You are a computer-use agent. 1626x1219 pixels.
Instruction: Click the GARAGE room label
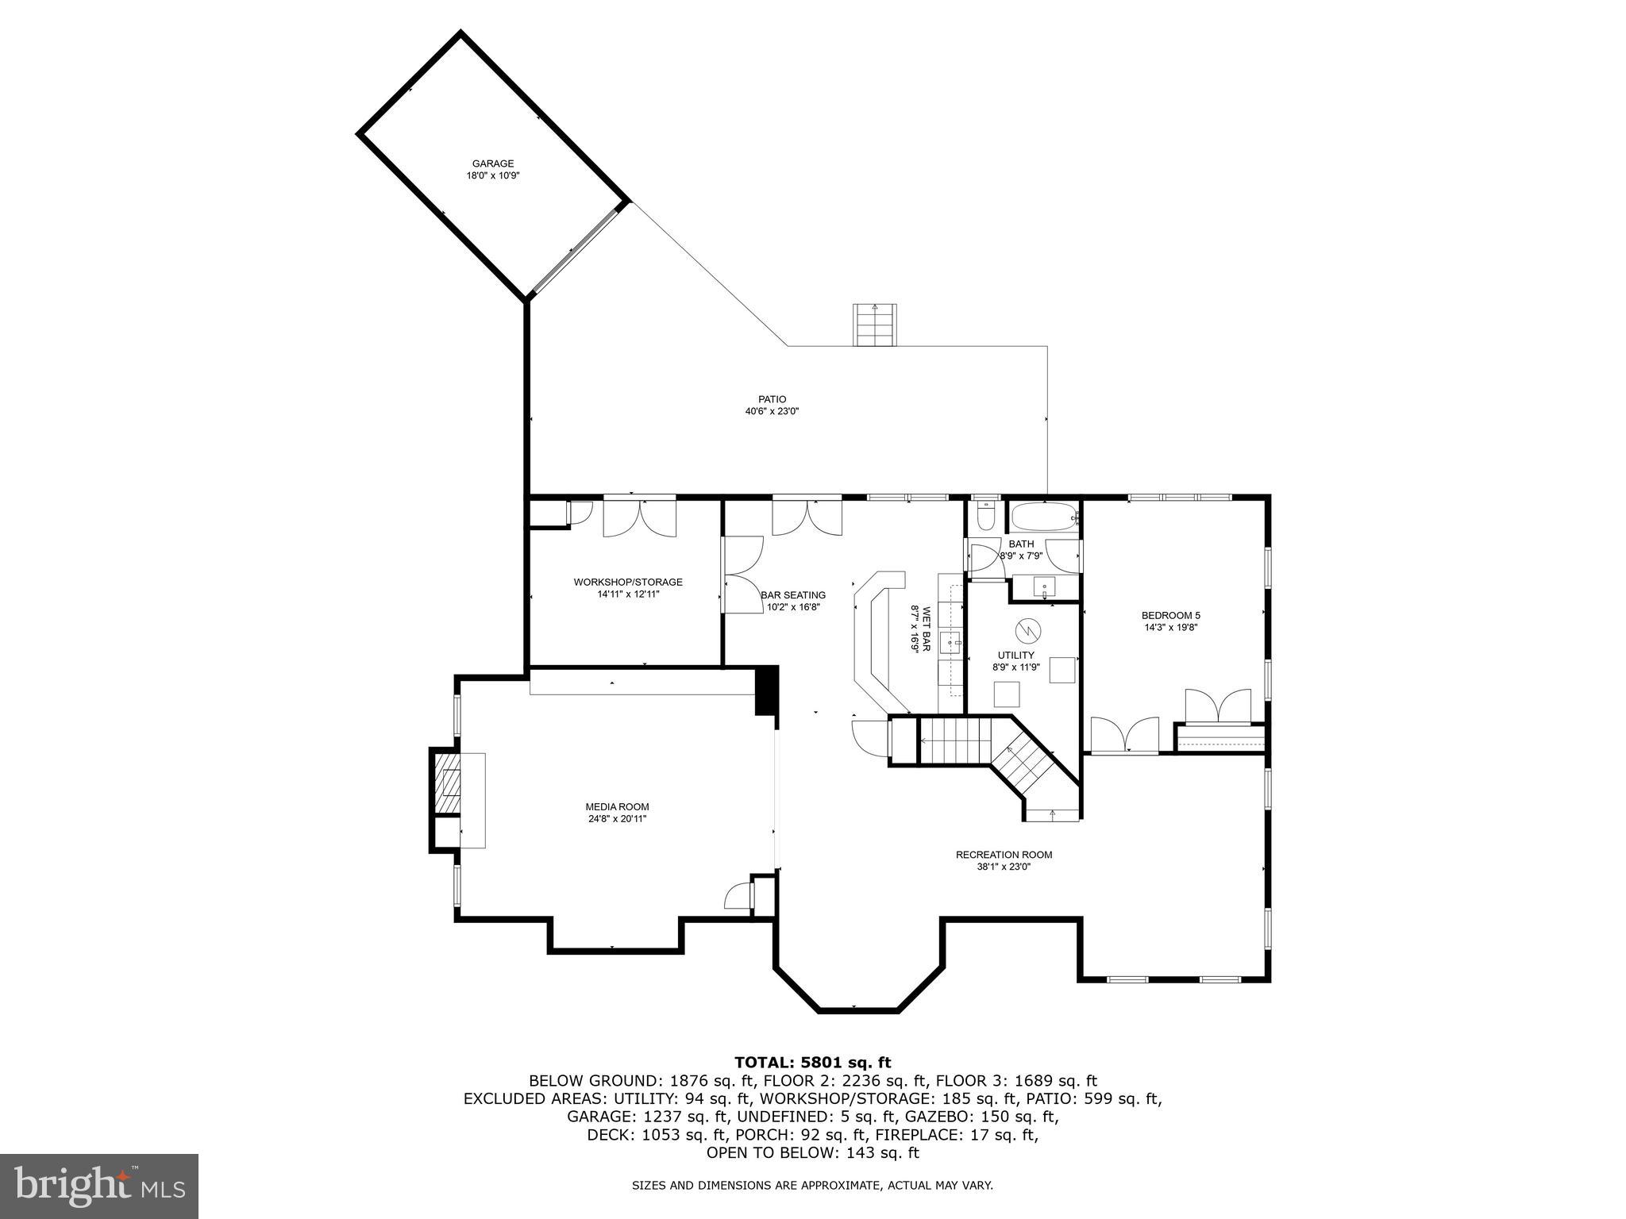click(493, 163)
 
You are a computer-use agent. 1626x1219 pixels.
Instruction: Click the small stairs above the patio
click(875, 325)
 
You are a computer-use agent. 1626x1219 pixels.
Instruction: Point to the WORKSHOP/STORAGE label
click(628, 582)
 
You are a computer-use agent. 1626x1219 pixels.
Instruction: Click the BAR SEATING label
click(793, 594)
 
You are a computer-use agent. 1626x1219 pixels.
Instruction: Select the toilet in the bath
click(984, 517)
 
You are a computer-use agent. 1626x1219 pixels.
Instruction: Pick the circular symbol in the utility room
click(1027, 630)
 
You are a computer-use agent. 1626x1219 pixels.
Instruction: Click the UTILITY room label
click(1015, 655)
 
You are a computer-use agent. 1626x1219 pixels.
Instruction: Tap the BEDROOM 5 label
click(1170, 615)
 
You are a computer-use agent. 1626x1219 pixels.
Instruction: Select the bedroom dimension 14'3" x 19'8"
click(1170, 627)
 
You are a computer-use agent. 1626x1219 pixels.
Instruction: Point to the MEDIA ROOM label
click(617, 807)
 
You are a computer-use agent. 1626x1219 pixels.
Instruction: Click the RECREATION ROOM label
click(1004, 855)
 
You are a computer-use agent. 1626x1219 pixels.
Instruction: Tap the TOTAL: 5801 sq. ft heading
click(812, 1062)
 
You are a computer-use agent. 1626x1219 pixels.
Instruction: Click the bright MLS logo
click(99, 1186)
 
